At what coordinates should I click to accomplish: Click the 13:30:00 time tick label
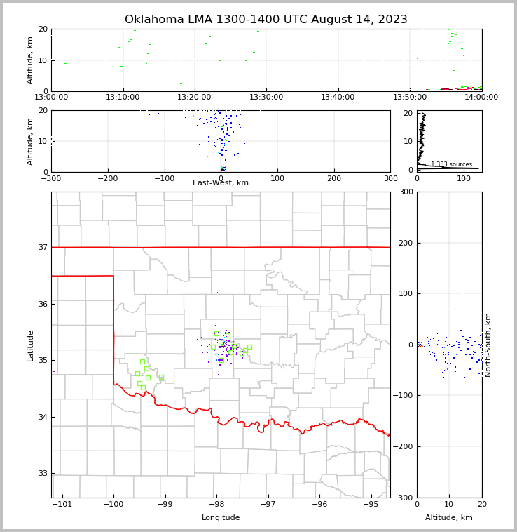[x=266, y=98]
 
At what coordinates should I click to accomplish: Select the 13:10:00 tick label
[x=123, y=98]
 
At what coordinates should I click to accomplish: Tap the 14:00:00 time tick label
[x=481, y=98]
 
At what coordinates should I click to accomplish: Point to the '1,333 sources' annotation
[x=451, y=164]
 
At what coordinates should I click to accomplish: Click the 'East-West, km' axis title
[x=221, y=183]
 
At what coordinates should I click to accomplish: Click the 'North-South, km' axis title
[x=488, y=345]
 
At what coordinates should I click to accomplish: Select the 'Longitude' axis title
[x=221, y=518]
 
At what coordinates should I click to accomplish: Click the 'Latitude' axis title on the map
[x=31, y=345]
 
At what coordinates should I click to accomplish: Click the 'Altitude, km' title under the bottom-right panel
[x=449, y=518]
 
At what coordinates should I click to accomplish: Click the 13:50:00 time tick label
[x=410, y=98]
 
